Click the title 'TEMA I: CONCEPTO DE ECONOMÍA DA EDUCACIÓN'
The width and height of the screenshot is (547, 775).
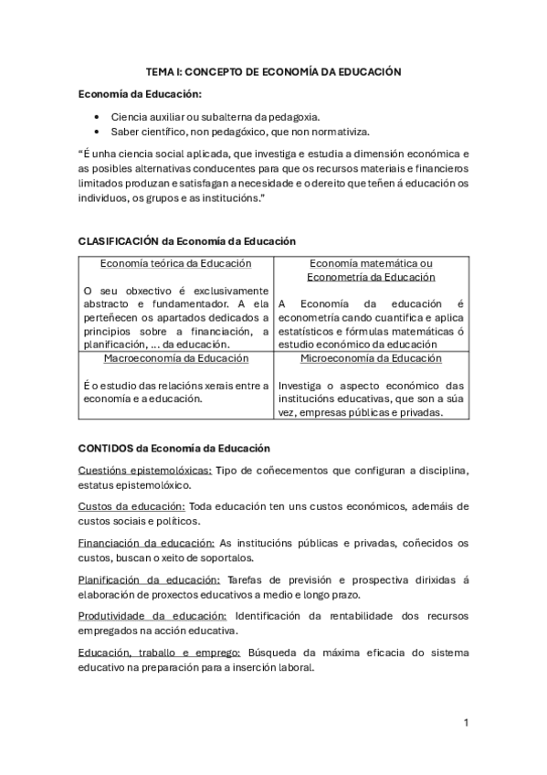[274, 70]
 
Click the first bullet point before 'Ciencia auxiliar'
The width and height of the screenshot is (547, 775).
[97, 118]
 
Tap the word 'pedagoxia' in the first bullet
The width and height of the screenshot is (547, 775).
[292, 118]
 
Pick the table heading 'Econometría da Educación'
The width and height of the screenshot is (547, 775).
[371, 277]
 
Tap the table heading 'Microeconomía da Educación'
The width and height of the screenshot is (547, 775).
[371, 358]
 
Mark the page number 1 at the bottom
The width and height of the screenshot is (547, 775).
[466, 723]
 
